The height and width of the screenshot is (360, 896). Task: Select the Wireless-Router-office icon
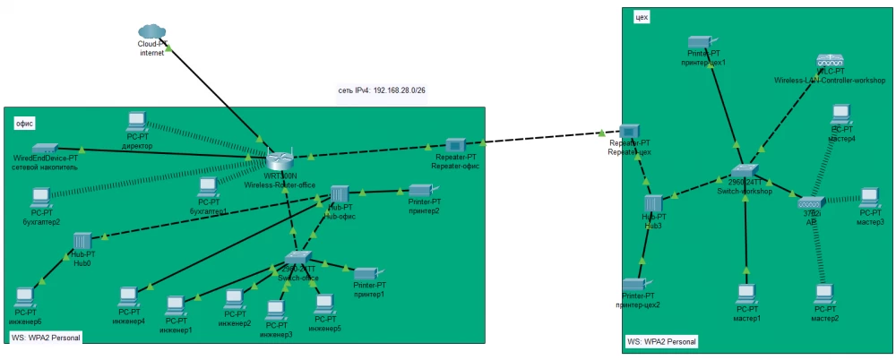click(x=280, y=160)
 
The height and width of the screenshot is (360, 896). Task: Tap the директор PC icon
click(x=137, y=122)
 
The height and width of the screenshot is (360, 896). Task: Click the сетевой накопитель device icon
click(x=45, y=149)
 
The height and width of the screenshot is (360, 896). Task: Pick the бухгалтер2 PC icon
click(x=40, y=196)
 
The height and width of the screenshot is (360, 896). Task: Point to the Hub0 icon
click(x=82, y=241)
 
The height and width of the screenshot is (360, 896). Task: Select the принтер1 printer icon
click(x=368, y=273)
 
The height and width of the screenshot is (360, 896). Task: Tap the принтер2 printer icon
click(x=421, y=190)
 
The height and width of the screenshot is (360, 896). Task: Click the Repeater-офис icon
click(x=456, y=144)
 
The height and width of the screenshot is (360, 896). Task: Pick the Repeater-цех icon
click(x=628, y=132)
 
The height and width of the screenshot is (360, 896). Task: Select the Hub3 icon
click(x=652, y=203)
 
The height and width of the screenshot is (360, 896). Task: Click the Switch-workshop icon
click(x=745, y=172)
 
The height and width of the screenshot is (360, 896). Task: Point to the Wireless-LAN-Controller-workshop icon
click(x=830, y=61)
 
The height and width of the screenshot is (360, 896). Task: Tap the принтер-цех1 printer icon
click(x=700, y=42)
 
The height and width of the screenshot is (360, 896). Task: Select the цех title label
click(x=641, y=17)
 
